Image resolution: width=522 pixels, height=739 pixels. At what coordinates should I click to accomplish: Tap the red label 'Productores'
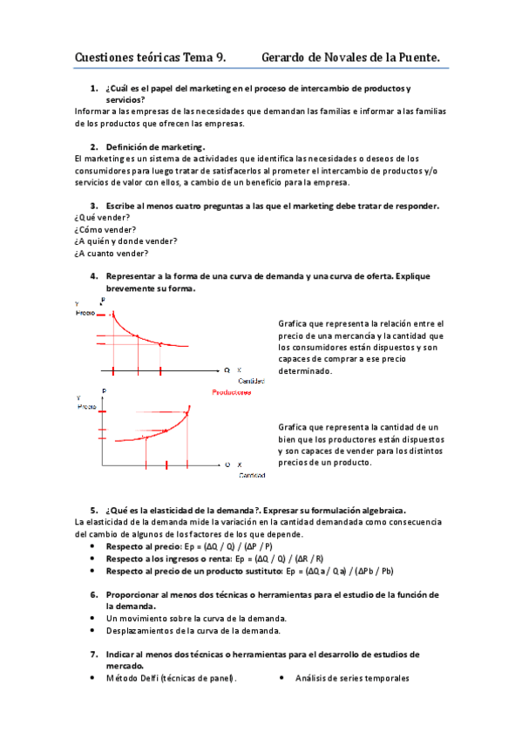pos(232,393)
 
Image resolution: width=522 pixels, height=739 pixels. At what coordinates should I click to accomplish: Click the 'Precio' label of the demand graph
pos(87,312)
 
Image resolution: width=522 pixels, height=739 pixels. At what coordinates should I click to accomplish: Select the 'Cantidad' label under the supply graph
pos(254,475)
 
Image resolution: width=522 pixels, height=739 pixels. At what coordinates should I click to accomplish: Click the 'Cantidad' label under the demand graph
pos(253,381)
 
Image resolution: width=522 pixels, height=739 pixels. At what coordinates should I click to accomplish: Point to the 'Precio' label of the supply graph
pos(88,406)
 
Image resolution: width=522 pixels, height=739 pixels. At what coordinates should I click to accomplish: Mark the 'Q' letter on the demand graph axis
pos(227,370)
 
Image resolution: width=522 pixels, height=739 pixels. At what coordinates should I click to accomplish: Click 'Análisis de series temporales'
pos(352,678)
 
